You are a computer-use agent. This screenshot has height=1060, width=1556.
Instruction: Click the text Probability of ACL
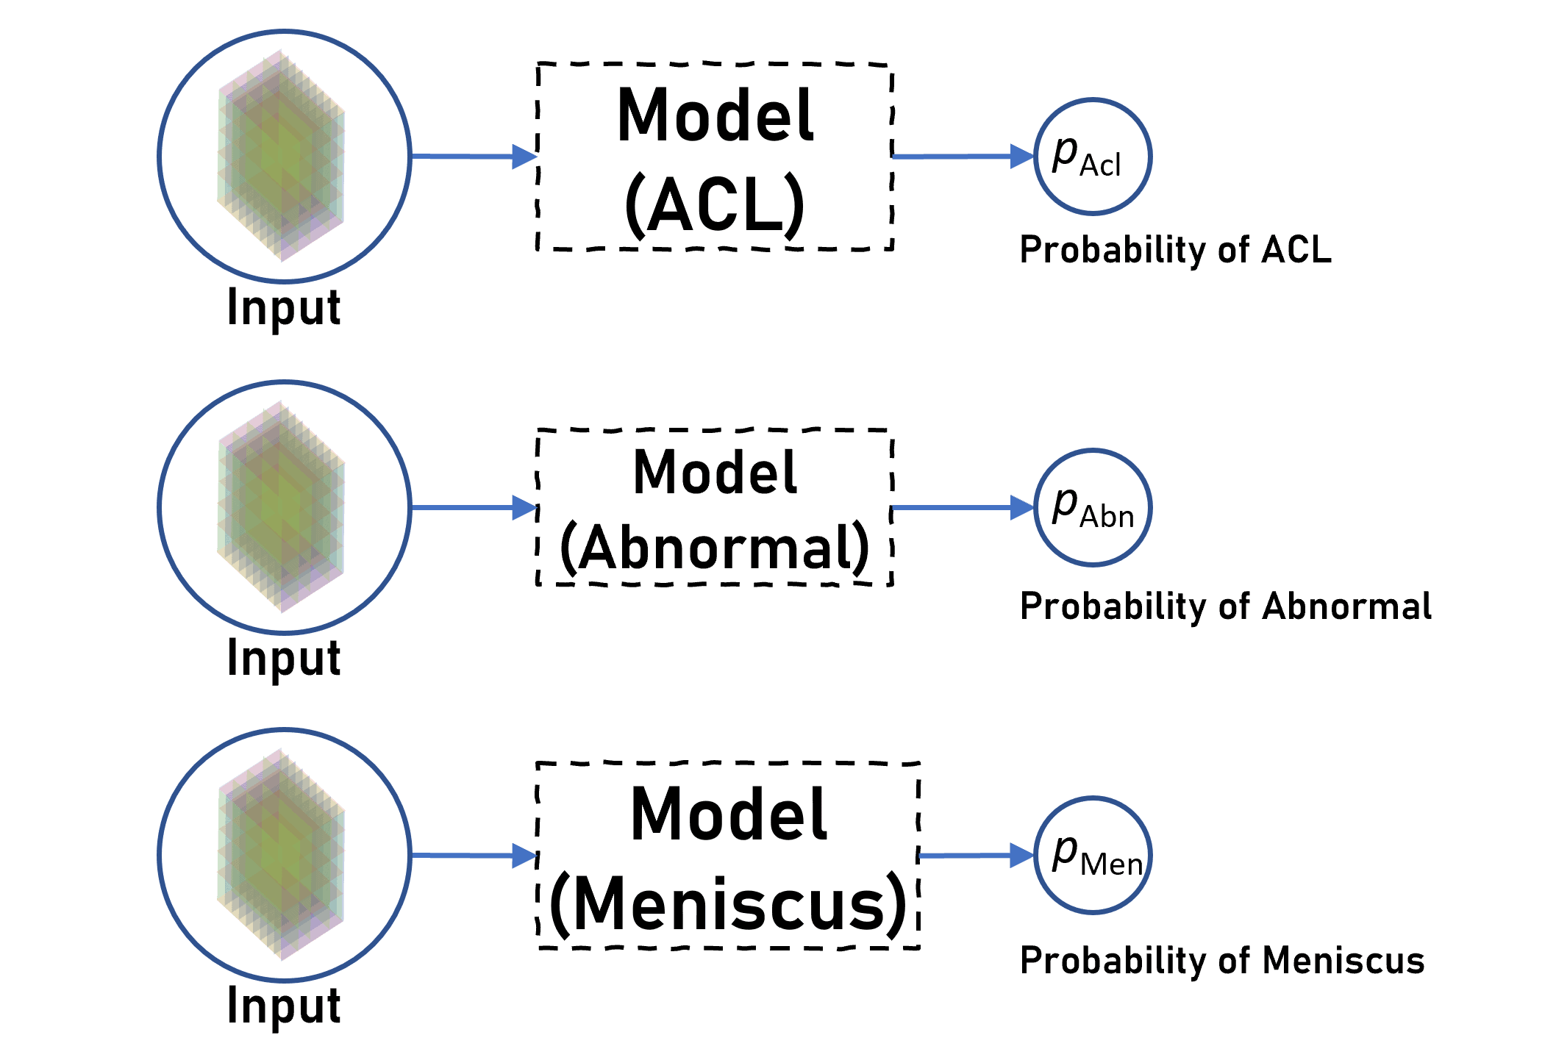1175,250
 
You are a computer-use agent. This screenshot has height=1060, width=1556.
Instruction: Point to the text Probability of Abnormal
1225,607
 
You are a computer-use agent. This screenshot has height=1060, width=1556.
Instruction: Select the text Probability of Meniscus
1222,961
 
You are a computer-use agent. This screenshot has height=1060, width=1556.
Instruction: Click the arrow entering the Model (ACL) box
474,156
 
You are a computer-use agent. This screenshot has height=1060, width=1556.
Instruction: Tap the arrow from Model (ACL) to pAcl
963,156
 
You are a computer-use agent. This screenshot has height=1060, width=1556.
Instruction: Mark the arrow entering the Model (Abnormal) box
474,507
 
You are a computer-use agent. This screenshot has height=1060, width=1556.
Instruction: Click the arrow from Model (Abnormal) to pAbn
963,507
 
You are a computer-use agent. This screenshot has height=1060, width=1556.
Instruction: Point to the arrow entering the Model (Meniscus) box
474,855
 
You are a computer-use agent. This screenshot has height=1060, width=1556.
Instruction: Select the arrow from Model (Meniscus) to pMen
977,855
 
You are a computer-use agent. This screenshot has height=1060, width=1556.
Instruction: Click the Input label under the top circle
284,308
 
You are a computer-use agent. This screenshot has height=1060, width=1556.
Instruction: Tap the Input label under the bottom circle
284,1006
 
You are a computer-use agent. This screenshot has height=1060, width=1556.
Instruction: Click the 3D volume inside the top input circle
281,156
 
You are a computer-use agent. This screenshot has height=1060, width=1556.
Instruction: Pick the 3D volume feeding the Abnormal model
281,506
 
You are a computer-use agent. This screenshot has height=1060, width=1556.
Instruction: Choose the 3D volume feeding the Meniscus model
281,854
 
